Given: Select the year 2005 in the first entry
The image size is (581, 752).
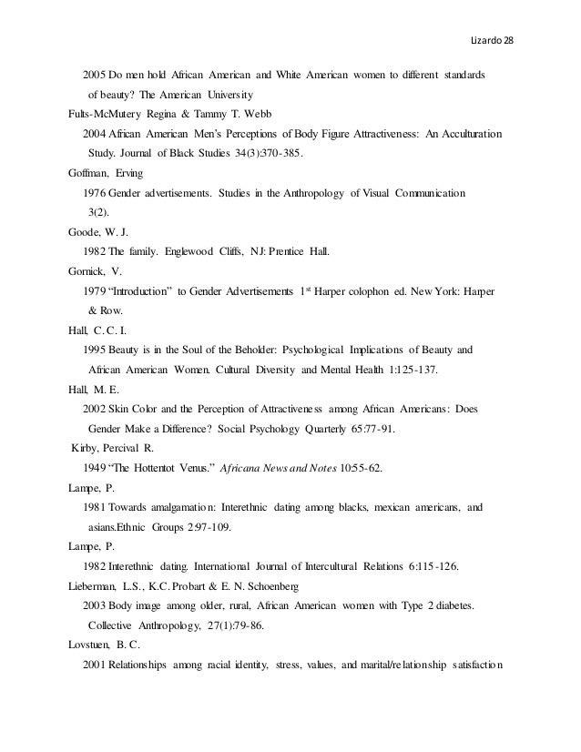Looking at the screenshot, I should coord(94,73).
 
